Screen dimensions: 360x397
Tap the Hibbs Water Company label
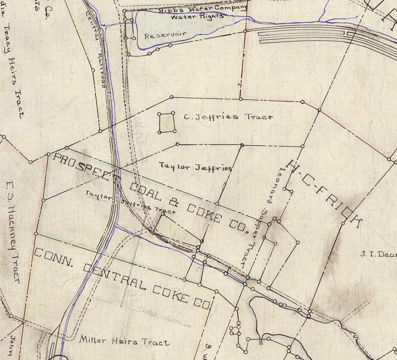(203, 9)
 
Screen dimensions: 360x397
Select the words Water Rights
(197, 16)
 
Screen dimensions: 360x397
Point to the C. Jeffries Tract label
(228, 117)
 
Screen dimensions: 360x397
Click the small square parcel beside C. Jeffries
(167, 123)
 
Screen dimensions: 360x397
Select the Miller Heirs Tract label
(125, 341)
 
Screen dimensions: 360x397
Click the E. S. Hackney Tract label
(13, 232)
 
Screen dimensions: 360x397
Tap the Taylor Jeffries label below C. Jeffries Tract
(196, 167)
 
